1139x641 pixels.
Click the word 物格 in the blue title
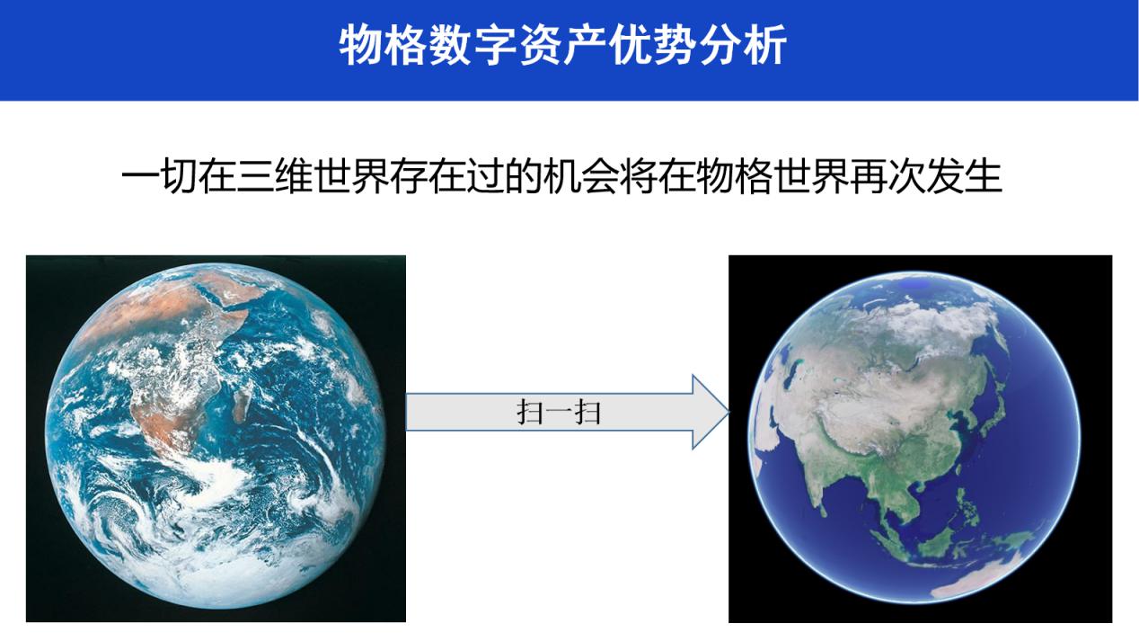tap(383, 45)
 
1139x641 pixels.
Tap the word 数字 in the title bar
tap(472, 45)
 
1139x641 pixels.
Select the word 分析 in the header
tap(742, 45)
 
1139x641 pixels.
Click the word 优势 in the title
tap(652, 45)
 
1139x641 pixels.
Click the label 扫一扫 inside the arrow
tap(559, 412)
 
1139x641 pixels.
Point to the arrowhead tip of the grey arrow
tap(729, 412)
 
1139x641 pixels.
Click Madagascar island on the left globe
tap(241, 407)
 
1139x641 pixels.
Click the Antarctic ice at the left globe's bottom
tap(214, 585)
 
